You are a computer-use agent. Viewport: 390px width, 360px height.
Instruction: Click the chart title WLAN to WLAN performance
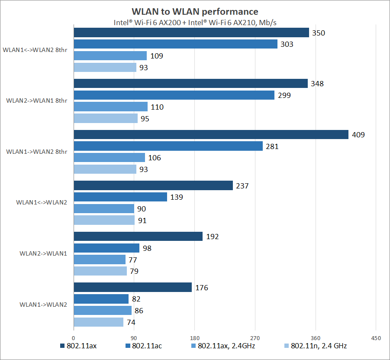195,11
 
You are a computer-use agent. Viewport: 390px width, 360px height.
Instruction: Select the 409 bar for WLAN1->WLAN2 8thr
211,135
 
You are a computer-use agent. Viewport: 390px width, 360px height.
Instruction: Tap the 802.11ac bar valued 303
175,44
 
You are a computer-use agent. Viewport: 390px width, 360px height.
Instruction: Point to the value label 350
319,33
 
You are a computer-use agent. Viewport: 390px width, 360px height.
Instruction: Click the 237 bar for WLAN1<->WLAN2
153,186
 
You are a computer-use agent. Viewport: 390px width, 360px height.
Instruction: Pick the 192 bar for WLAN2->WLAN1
138,237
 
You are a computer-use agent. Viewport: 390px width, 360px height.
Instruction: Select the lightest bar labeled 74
98,322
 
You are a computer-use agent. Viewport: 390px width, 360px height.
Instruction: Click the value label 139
177,197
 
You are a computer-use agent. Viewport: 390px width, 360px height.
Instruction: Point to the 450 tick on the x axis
376,338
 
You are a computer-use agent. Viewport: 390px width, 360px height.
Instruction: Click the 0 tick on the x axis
74,338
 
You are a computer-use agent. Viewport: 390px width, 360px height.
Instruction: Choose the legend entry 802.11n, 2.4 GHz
319,346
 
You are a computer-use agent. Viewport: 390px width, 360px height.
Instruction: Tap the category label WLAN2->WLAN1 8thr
37,101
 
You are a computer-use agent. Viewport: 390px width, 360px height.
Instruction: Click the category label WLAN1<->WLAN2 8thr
35,50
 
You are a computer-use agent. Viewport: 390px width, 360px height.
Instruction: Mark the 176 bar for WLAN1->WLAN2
132,287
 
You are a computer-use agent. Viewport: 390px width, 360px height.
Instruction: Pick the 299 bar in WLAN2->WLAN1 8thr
174,95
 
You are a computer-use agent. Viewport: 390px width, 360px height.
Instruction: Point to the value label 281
272,146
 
